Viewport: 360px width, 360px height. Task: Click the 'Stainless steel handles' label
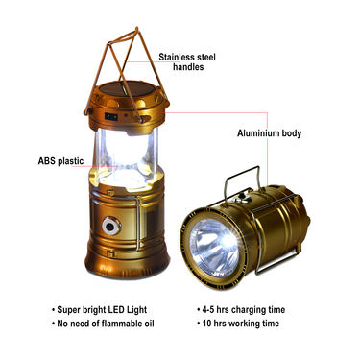click(187, 61)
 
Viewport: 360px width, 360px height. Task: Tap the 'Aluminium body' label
click(269, 133)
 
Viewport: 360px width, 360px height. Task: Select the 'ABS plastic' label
click(60, 161)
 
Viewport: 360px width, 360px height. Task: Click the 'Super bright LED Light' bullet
click(99, 310)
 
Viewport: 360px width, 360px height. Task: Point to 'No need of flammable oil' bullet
click(103, 324)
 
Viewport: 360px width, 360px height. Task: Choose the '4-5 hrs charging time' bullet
click(241, 310)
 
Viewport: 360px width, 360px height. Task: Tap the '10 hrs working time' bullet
click(238, 324)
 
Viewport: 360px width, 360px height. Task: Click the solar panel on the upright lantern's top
click(127, 88)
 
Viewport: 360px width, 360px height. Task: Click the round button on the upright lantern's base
click(111, 227)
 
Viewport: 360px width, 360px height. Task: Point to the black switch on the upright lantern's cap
click(111, 117)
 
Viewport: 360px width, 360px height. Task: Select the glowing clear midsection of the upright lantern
click(126, 156)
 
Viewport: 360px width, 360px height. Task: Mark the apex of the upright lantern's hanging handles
click(136, 29)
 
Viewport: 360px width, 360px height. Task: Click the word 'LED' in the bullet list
click(116, 310)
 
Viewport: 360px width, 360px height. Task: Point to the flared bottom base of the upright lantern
click(127, 264)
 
